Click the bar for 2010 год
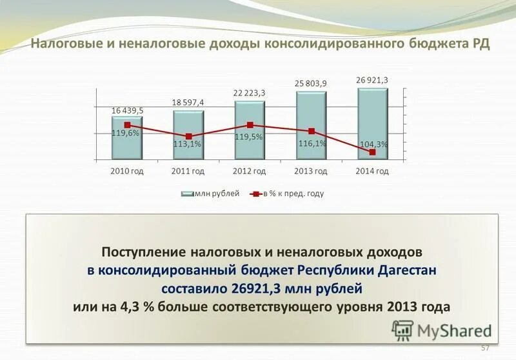point(127,139)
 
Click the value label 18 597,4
point(188,103)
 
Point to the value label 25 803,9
point(311,83)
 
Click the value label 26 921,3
point(372,79)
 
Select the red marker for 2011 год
point(188,136)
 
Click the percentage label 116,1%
point(312,143)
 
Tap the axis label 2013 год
point(311,171)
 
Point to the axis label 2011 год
point(188,171)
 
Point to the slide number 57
point(486,348)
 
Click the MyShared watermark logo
point(442,330)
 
